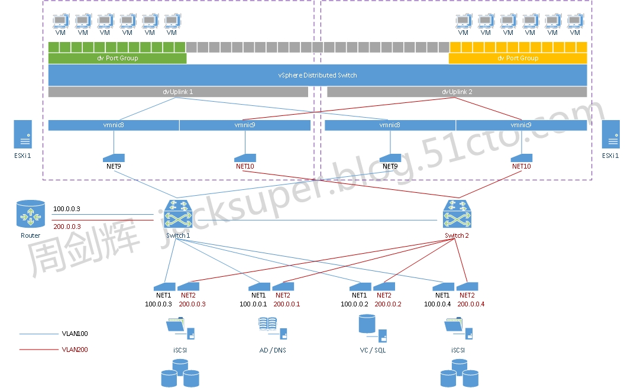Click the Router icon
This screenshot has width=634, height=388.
[x=31, y=214]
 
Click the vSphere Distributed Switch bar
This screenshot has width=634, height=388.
[x=318, y=75]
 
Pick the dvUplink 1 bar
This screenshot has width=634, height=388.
[x=178, y=92]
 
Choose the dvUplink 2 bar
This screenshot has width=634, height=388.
[x=457, y=92]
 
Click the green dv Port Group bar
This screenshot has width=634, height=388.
[x=117, y=58]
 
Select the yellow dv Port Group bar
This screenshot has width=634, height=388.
[x=517, y=58]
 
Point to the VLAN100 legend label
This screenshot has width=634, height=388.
[x=75, y=334]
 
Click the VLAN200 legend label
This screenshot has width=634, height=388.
[x=75, y=350]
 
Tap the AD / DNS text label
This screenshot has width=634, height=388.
[x=273, y=350]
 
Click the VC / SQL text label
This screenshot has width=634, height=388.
[x=373, y=350]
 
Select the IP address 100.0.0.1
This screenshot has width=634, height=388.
[x=253, y=304]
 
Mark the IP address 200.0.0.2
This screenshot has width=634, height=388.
[x=388, y=304]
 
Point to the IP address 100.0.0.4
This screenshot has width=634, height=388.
[x=438, y=304]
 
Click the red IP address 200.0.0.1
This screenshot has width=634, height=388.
[x=287, y=304]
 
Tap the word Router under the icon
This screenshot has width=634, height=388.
[x=31, y=235]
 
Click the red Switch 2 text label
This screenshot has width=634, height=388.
[x=457, y=235]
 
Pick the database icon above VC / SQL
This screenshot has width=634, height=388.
[x=367, y=324]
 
